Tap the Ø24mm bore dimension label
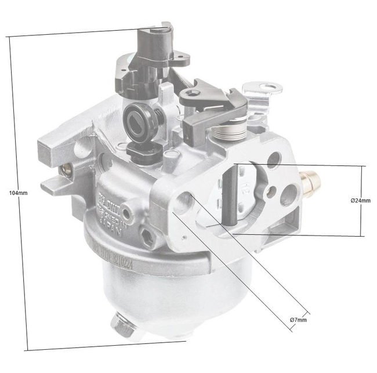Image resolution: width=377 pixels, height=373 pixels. click(360, 201)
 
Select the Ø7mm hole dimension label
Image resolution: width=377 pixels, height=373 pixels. click(298, 320)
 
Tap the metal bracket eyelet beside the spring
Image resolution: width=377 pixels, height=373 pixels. click(268, 88)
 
